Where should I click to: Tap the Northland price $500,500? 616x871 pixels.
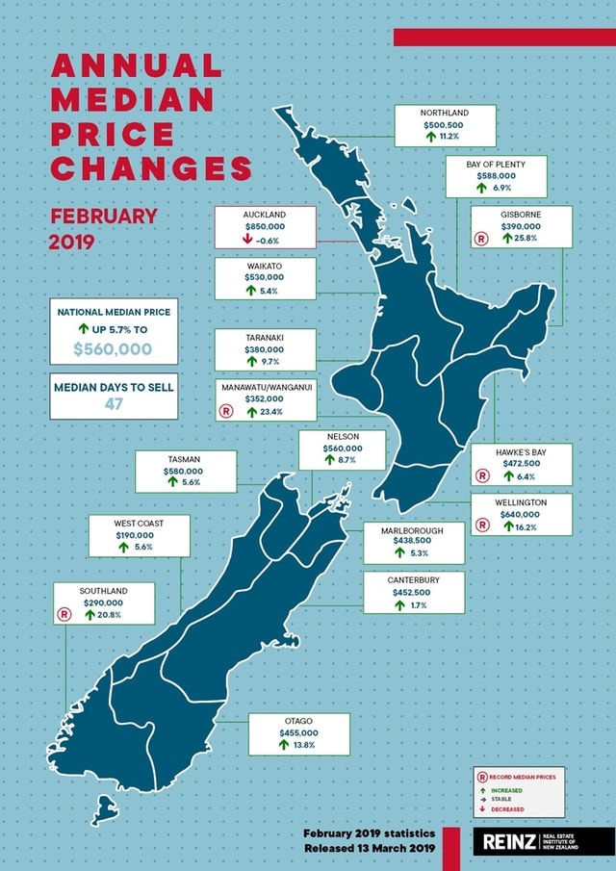(x=443, y=124)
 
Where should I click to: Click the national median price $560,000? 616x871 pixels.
(x=112, y=349)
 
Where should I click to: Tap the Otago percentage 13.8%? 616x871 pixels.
(x=304, y=744)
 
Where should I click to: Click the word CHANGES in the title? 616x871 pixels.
(x=151, y=170)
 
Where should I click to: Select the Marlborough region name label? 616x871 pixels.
(x=412, y=529)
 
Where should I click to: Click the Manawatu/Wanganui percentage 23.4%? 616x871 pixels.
(x=269, y=411)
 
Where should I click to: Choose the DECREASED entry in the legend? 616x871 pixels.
(x=507, y=809)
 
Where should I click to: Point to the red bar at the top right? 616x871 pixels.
(x=503, y=37)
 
